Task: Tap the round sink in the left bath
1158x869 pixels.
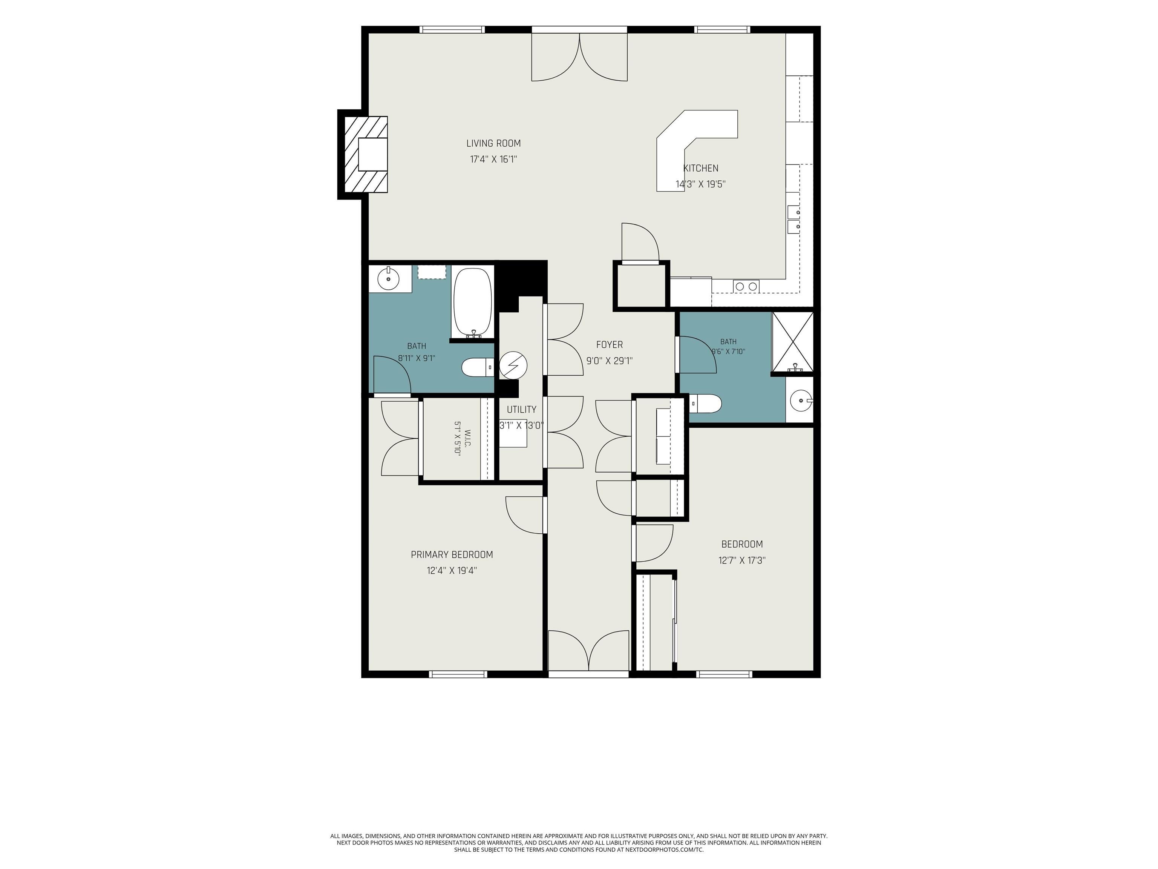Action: (x=388, y=279)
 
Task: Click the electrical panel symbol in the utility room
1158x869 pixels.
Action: (x=513, y=365)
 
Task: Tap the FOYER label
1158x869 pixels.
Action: (x=610, y=345)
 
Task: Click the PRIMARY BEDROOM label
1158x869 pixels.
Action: (x=452, y=554)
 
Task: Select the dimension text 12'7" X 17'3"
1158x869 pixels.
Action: (x=742, y=560)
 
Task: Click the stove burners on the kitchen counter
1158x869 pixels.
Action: (x=746, y=286)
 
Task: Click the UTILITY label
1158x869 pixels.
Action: (x=521, y=410)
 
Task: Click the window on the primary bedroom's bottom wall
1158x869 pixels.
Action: (x=458, y=674)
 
